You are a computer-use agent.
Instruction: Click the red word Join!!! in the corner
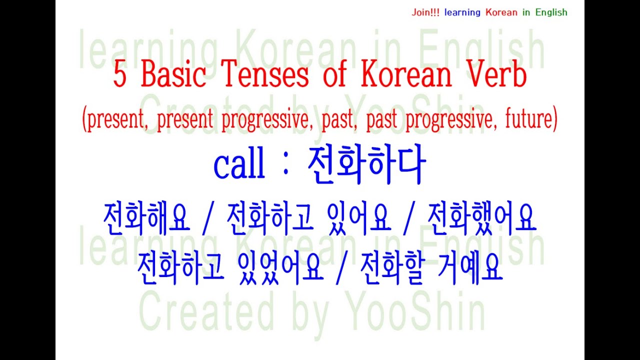coord(425,12)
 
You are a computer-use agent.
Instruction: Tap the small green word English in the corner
coord(551,12)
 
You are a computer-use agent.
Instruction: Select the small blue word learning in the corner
coord(462,12)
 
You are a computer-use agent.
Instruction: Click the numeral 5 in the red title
coord(119,76)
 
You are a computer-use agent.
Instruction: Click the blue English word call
coord(238,165)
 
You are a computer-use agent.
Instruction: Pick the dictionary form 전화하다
coord(366,165)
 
